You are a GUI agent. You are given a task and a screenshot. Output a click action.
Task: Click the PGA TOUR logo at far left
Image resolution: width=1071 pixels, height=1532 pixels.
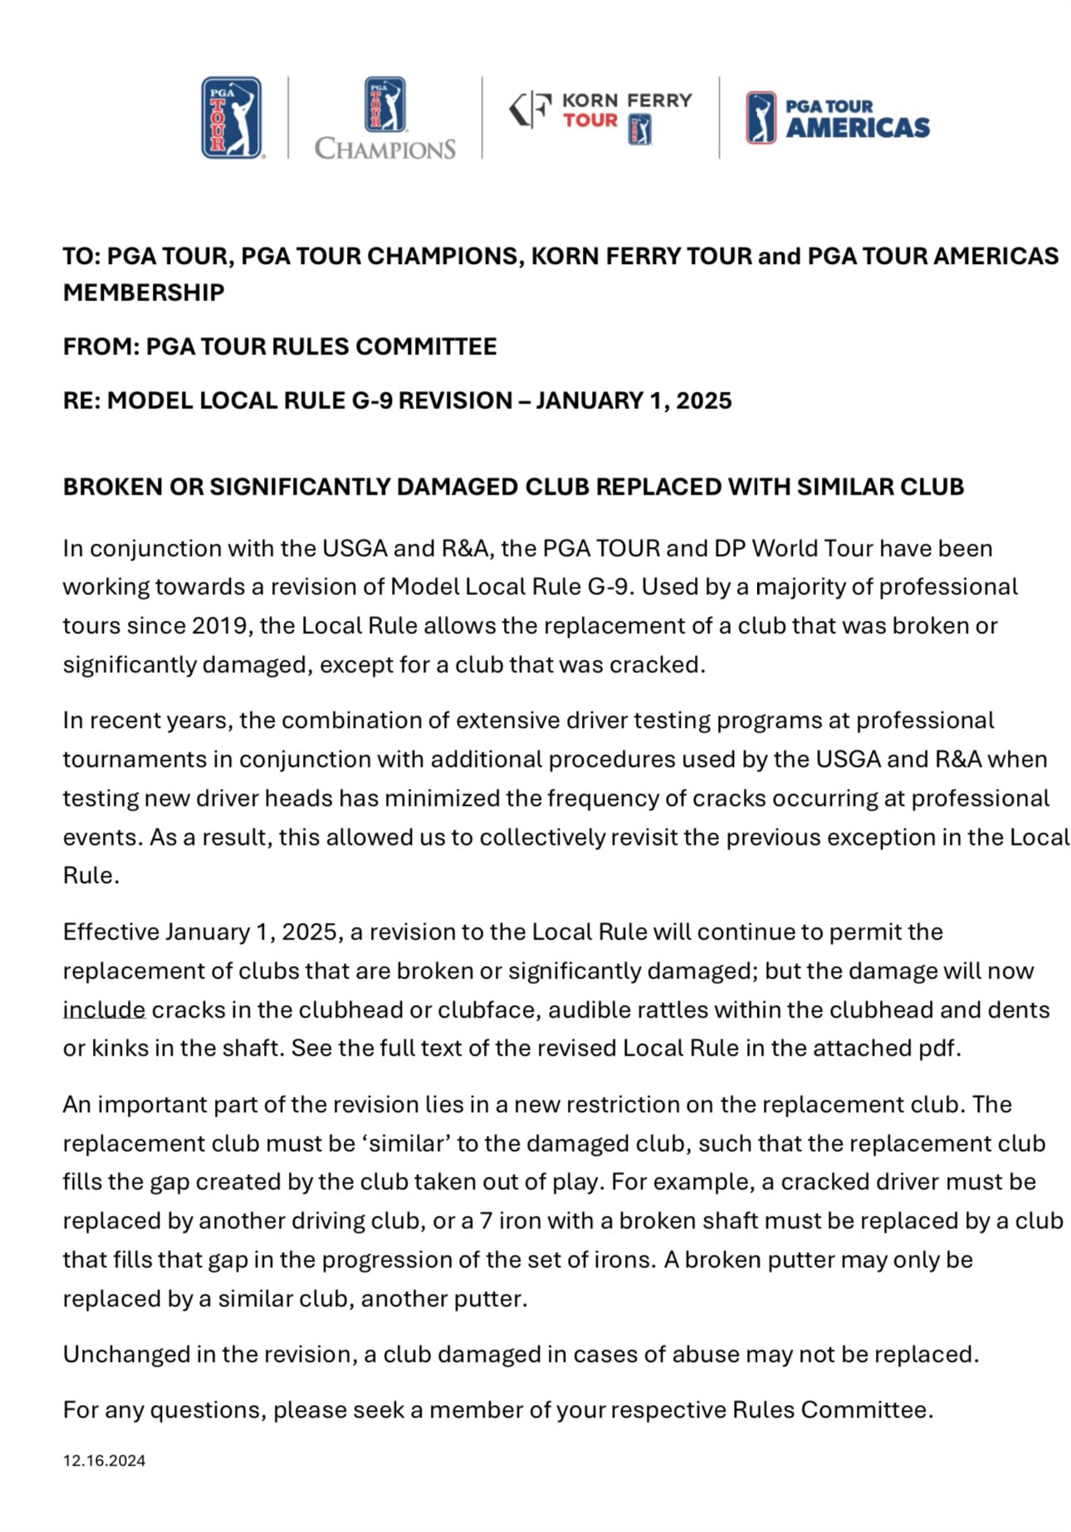pyautogui.click(x=232, y=118)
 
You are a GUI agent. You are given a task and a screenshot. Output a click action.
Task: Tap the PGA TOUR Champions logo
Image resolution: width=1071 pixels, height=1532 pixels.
pyautogui.click(x=385, y=118)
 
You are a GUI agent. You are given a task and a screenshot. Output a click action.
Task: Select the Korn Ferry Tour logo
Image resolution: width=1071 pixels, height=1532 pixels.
pyautogui.click(x=600, y=118)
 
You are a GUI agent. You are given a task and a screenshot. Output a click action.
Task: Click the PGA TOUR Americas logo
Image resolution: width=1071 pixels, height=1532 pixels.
pyautogui.click(x=838, y=118)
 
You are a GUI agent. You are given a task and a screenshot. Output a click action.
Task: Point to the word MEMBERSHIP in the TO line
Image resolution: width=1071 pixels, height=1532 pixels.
pyautogui.click(x=144, y=293)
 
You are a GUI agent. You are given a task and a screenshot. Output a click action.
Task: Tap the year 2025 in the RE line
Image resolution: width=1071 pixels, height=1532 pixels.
pyautogui.click(x=703, y=401)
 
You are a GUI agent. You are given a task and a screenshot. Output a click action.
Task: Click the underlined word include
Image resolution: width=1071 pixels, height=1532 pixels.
pyautogui.click(x=104, y=1010)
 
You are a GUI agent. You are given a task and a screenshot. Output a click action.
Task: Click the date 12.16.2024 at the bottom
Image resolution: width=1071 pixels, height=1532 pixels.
pyautogui.click(x=104, y=1461)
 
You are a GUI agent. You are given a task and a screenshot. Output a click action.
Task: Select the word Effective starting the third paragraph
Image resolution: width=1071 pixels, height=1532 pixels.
pyautogui.click(x=110, y=932)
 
